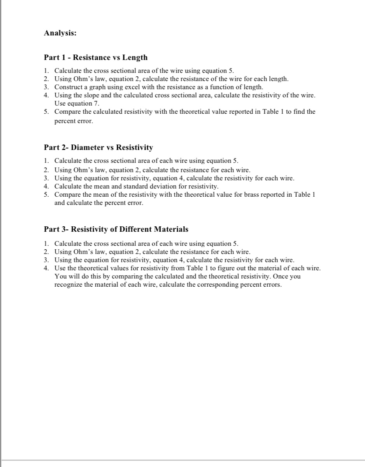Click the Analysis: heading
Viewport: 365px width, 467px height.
60,33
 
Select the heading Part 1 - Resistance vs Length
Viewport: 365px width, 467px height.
96,58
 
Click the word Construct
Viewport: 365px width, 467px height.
68,87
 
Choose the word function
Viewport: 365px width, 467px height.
218,87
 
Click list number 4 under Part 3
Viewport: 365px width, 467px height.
46,268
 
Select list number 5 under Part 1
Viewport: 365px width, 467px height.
46,112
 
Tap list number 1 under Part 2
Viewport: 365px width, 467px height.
46,160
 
